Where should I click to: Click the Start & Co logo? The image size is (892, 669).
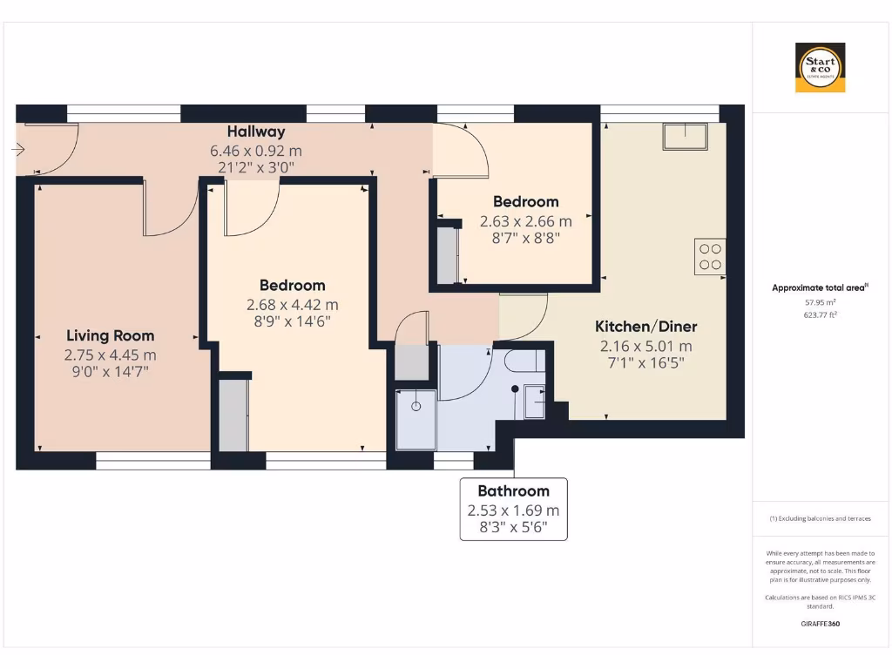[820, 68]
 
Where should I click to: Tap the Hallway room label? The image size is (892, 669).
[256, 132]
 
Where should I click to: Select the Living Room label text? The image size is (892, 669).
[110, 335]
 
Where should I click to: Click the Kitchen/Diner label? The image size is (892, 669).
[645, 327]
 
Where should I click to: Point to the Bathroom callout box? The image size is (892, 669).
[513, 509]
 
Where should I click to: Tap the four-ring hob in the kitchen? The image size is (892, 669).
[710, 256]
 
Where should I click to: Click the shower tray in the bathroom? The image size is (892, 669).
[416, 419]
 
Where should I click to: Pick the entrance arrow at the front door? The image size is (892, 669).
[18, 150]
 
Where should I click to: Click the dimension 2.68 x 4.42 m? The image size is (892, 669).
[292, 305]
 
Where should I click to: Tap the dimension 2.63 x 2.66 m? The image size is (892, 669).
[526, 221]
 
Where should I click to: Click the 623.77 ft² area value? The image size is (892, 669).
[820, 316]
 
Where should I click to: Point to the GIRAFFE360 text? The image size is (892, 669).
[820, 624]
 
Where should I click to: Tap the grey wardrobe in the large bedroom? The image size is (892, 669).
[233, 415]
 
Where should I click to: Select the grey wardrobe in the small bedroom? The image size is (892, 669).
[447, 255]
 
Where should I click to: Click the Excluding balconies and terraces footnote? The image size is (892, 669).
[820, 518]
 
